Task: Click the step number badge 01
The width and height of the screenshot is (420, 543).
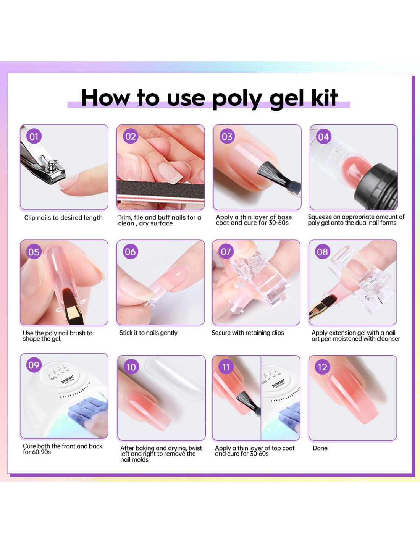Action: click(34, 136)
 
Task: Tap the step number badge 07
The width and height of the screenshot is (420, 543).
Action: click(226, 252)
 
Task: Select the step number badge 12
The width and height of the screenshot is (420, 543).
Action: click(323, 367)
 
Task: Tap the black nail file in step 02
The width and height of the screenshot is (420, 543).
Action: click(160, 189)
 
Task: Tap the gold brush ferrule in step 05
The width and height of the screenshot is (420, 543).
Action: click(73, 314)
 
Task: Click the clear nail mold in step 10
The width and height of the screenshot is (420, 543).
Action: click(175, 375)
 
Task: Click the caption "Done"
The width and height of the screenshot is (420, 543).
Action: click(320, 448)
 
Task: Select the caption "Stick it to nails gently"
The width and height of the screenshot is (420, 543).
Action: click(149, 333)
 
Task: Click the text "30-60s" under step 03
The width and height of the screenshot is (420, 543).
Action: click(279, 223)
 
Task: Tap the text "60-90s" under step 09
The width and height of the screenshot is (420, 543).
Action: click(41, 452)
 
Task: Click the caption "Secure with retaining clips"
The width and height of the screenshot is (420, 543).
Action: click(248, 333)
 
